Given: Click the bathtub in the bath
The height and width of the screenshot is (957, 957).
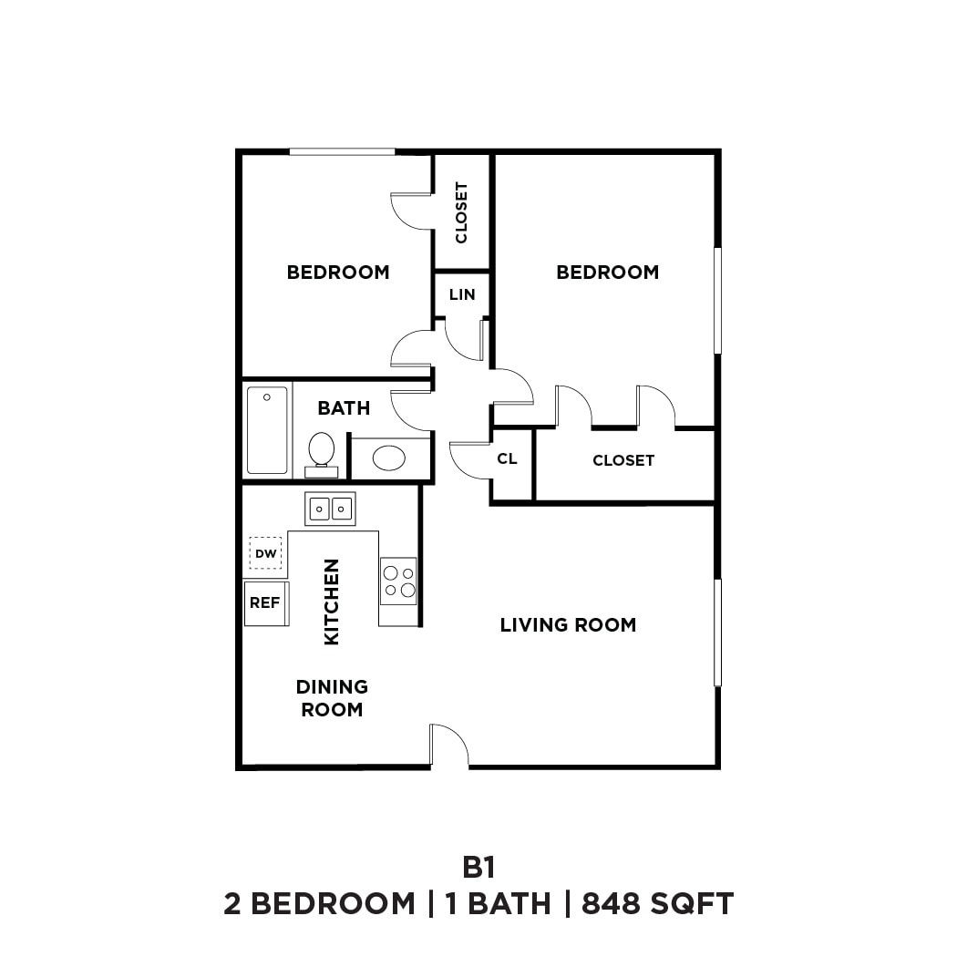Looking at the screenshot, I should coord(267,430).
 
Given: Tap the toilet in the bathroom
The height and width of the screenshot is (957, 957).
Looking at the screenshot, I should coord(321,452).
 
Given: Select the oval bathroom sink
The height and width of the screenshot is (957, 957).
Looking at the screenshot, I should coord(390,458).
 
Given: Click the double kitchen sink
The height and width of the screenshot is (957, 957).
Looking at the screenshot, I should coord(330,508).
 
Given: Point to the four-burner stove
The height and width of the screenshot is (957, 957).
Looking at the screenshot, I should coord(398,581).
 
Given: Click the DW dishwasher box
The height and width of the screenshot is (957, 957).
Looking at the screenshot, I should coord(265,553).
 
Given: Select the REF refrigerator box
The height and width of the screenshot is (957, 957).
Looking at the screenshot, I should coord(265,603).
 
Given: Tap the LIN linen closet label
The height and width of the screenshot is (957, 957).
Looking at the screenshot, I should coord(462,294).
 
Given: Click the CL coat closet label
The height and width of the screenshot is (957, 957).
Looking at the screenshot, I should coord(508,458).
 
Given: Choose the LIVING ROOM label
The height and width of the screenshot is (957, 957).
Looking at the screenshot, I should coord(568,625).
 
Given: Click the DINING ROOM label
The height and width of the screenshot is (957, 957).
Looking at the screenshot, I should coord(332,698).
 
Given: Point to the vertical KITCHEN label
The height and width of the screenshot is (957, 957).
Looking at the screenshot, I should coord(332,602).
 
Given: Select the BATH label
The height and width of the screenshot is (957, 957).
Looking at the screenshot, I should coord(344,408).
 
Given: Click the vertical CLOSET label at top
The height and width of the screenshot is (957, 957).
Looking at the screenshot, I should coord(461,212).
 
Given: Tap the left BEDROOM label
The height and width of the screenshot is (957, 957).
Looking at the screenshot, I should coord(338,273).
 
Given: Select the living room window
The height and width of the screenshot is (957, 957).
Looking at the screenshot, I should coord(717,633).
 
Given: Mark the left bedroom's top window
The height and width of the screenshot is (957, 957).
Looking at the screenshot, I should coord(342,151).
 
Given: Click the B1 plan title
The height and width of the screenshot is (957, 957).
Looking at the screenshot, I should coord(478,866).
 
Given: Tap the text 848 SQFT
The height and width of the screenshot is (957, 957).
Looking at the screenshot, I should coord(657,904).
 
